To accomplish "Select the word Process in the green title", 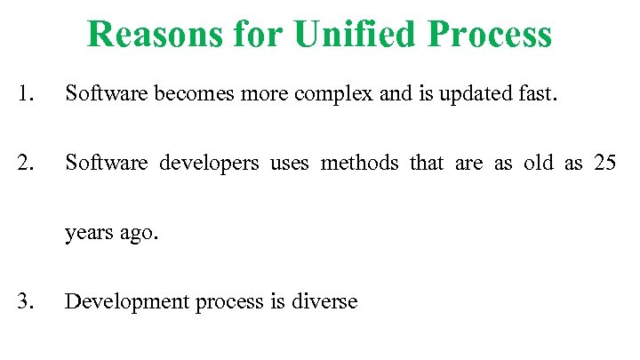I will (490, 34).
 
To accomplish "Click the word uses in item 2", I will (288, 164).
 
